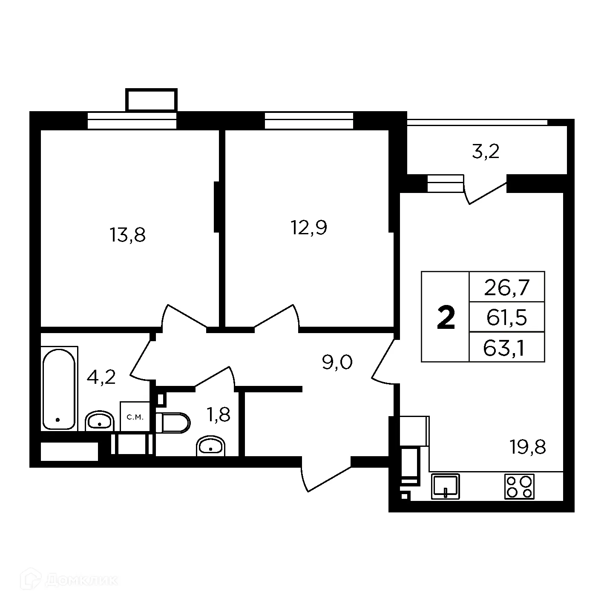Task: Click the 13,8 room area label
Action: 128,235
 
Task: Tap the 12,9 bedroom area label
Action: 309,228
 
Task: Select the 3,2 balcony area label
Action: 485,152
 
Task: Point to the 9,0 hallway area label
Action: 337,363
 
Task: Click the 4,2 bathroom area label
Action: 101,377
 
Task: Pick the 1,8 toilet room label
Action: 218,414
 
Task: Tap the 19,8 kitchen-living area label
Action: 528,447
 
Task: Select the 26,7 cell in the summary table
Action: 506,288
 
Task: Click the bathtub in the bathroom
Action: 59,388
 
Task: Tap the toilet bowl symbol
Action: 173,423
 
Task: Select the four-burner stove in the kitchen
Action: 519,486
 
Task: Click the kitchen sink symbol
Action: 446,486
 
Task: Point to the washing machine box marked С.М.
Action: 135,417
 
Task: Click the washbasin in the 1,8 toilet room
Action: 211,446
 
